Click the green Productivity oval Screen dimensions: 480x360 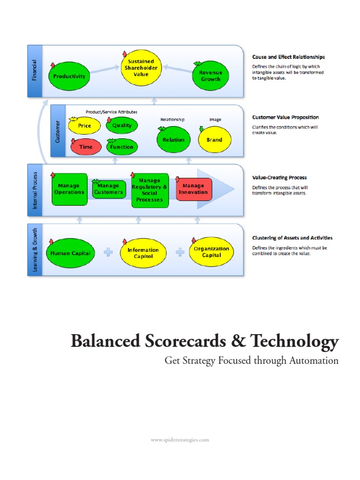(x=69, y=76)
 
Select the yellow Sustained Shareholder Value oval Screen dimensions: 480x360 (x=141, y=68)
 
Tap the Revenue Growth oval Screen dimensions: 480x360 (x=210, y=76)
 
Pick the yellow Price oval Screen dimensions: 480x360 (x=85, y=126)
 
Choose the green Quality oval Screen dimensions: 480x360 (x=122, y=126)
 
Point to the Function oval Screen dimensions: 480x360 (x=122, y=147)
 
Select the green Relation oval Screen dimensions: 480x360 (x=173, y=140)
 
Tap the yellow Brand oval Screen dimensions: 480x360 (x=214, y=140)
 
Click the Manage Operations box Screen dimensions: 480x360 (x=69, y=189)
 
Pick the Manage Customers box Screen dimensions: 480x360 (x=109, y=189)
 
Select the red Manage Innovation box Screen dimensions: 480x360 (x=193, y=189)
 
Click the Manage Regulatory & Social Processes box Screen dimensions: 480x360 (x=150, y=190)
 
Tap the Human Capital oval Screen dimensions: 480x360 (x=70, y=253)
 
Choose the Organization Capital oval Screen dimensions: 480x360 (x=211, y=252)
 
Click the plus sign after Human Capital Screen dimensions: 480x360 (x=108, y=253)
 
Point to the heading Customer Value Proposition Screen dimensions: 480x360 (x=285, y=117)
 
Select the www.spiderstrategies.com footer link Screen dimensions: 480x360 (x=180, y=440)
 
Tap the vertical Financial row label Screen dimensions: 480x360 (x=35, y=71)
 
